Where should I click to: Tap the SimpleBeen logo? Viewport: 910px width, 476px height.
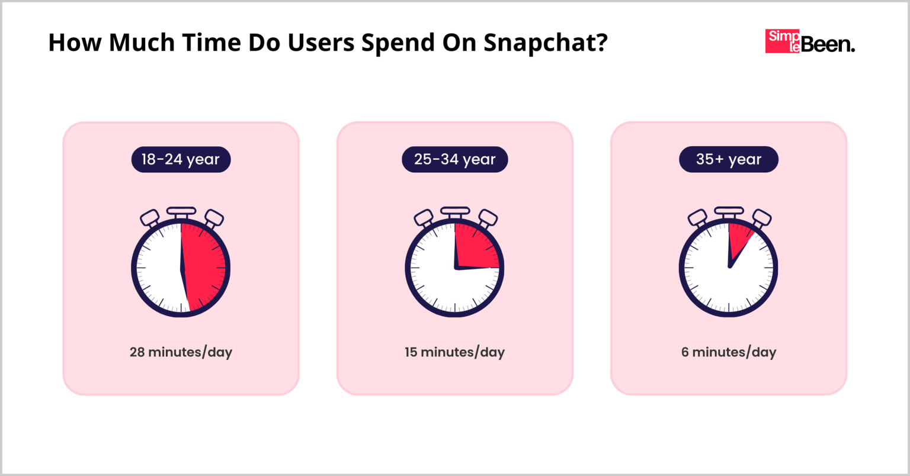click(809, 41)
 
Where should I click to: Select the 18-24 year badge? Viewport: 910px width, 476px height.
click(181, 159)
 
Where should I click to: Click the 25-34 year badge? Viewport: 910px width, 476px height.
click(454, 159)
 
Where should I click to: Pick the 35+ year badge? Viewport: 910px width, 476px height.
click(728, 159)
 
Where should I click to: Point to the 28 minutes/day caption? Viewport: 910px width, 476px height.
click(181, 352)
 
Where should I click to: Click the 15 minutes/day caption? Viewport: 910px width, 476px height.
click(454, 352)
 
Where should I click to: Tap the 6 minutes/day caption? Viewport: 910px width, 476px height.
click(728, 352)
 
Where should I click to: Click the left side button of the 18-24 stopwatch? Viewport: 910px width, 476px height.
click(149, 217)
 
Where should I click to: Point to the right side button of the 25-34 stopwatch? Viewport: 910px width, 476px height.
click(488, 217)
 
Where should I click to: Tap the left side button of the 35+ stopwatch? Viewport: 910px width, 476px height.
click(697, 217)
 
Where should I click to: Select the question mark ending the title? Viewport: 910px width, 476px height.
click(602, 43)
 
